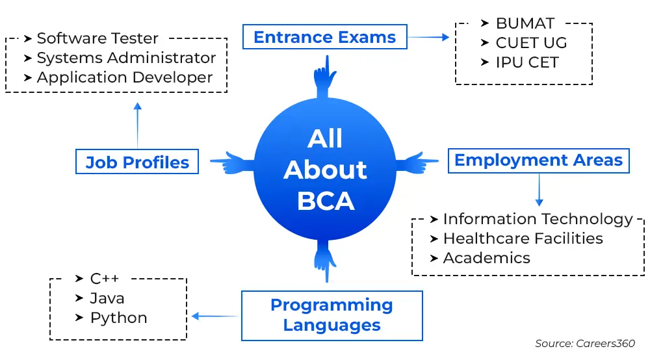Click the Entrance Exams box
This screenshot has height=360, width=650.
pyautogui.click(x=324, y=37)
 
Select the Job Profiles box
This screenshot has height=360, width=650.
pyautogui.click(x=137, y=162)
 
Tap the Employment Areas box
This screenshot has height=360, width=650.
pyautogui.click(x=538, y=160)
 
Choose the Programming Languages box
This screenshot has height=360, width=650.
pyautogui.click(x=331, y=315)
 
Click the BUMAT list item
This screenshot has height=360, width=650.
pyautogui.click(x=525, y=23)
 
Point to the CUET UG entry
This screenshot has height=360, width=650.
pyautogui.click(x=531, y=43)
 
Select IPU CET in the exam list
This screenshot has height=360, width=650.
pyautogui.click(x=527, y=62)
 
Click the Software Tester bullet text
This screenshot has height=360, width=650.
pyautogui.click(x=97, y=38)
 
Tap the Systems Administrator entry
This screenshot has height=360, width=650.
pyautogui.click(x=126, y=58)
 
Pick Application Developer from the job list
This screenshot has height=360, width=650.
pyautogui.click(x=125, y=77)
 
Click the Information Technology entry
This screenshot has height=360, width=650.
pyautogui.click(x=538, y=219)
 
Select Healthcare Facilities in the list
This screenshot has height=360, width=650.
pyautogui.click(x=523, y=238)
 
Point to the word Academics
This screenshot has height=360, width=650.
pyautogui.click(x=486, y=258)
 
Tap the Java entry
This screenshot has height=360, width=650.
pyautogui.click(x=107, y=298)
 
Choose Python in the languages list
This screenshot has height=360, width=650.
pyautogui.click(x=118, y=318)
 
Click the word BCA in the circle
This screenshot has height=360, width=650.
pyautogui.click(x=326, y=201)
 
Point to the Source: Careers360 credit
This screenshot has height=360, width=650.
pyautogui.click(x=584, y=343)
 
